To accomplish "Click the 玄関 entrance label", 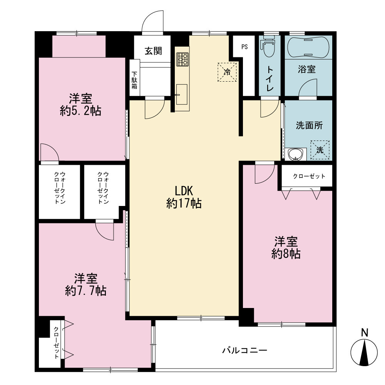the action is pos(153,51).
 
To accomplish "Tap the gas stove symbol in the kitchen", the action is pos(182,59).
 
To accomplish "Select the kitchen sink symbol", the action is pos(181,94).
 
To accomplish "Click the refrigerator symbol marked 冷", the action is pos(227,72).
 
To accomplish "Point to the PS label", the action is pos(244,47).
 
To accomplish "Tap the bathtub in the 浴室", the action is pos(308,47).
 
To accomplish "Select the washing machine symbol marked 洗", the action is pos(320,150).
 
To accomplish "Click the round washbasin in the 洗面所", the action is pos(296,154).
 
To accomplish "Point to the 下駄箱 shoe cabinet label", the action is pos(134,80).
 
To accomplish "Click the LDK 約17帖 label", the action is pos(184,197).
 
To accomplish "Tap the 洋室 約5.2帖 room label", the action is pos(80,105).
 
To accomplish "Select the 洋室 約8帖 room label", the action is pos(286,248).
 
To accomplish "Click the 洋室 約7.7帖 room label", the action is pos(86,285).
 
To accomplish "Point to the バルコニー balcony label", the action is pos(244,350).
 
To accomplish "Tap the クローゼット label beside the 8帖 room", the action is pos(309,176).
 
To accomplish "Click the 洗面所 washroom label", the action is pos(309,126).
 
